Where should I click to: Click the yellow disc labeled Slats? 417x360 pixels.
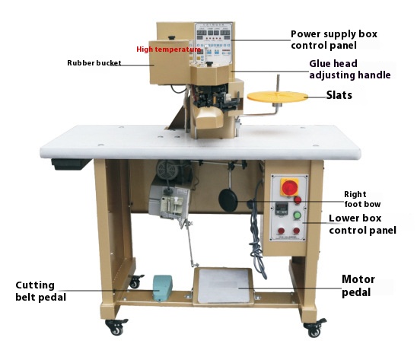point(278,97)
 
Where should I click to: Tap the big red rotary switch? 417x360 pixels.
point(290,187)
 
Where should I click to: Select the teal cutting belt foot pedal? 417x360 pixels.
point(162,288)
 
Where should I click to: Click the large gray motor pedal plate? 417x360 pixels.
point(224,285)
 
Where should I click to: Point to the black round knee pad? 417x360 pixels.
point(228,200)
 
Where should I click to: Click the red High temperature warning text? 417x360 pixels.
point(169,49)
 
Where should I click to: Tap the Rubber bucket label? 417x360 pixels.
point(94,63)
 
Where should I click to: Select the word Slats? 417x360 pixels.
point(339,95)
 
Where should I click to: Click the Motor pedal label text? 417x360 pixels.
point(358,285)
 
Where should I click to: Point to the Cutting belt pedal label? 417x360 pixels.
point(40,291)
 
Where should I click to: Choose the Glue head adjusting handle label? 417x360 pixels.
point(350,69)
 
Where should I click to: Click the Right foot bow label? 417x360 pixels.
point(362,199)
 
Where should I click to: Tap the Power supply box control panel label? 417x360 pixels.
point(334,40)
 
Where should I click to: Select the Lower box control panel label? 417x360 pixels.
point(362,224)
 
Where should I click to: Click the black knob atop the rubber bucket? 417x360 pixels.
point(171,38)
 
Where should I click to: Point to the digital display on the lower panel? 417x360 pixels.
point(282,209)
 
